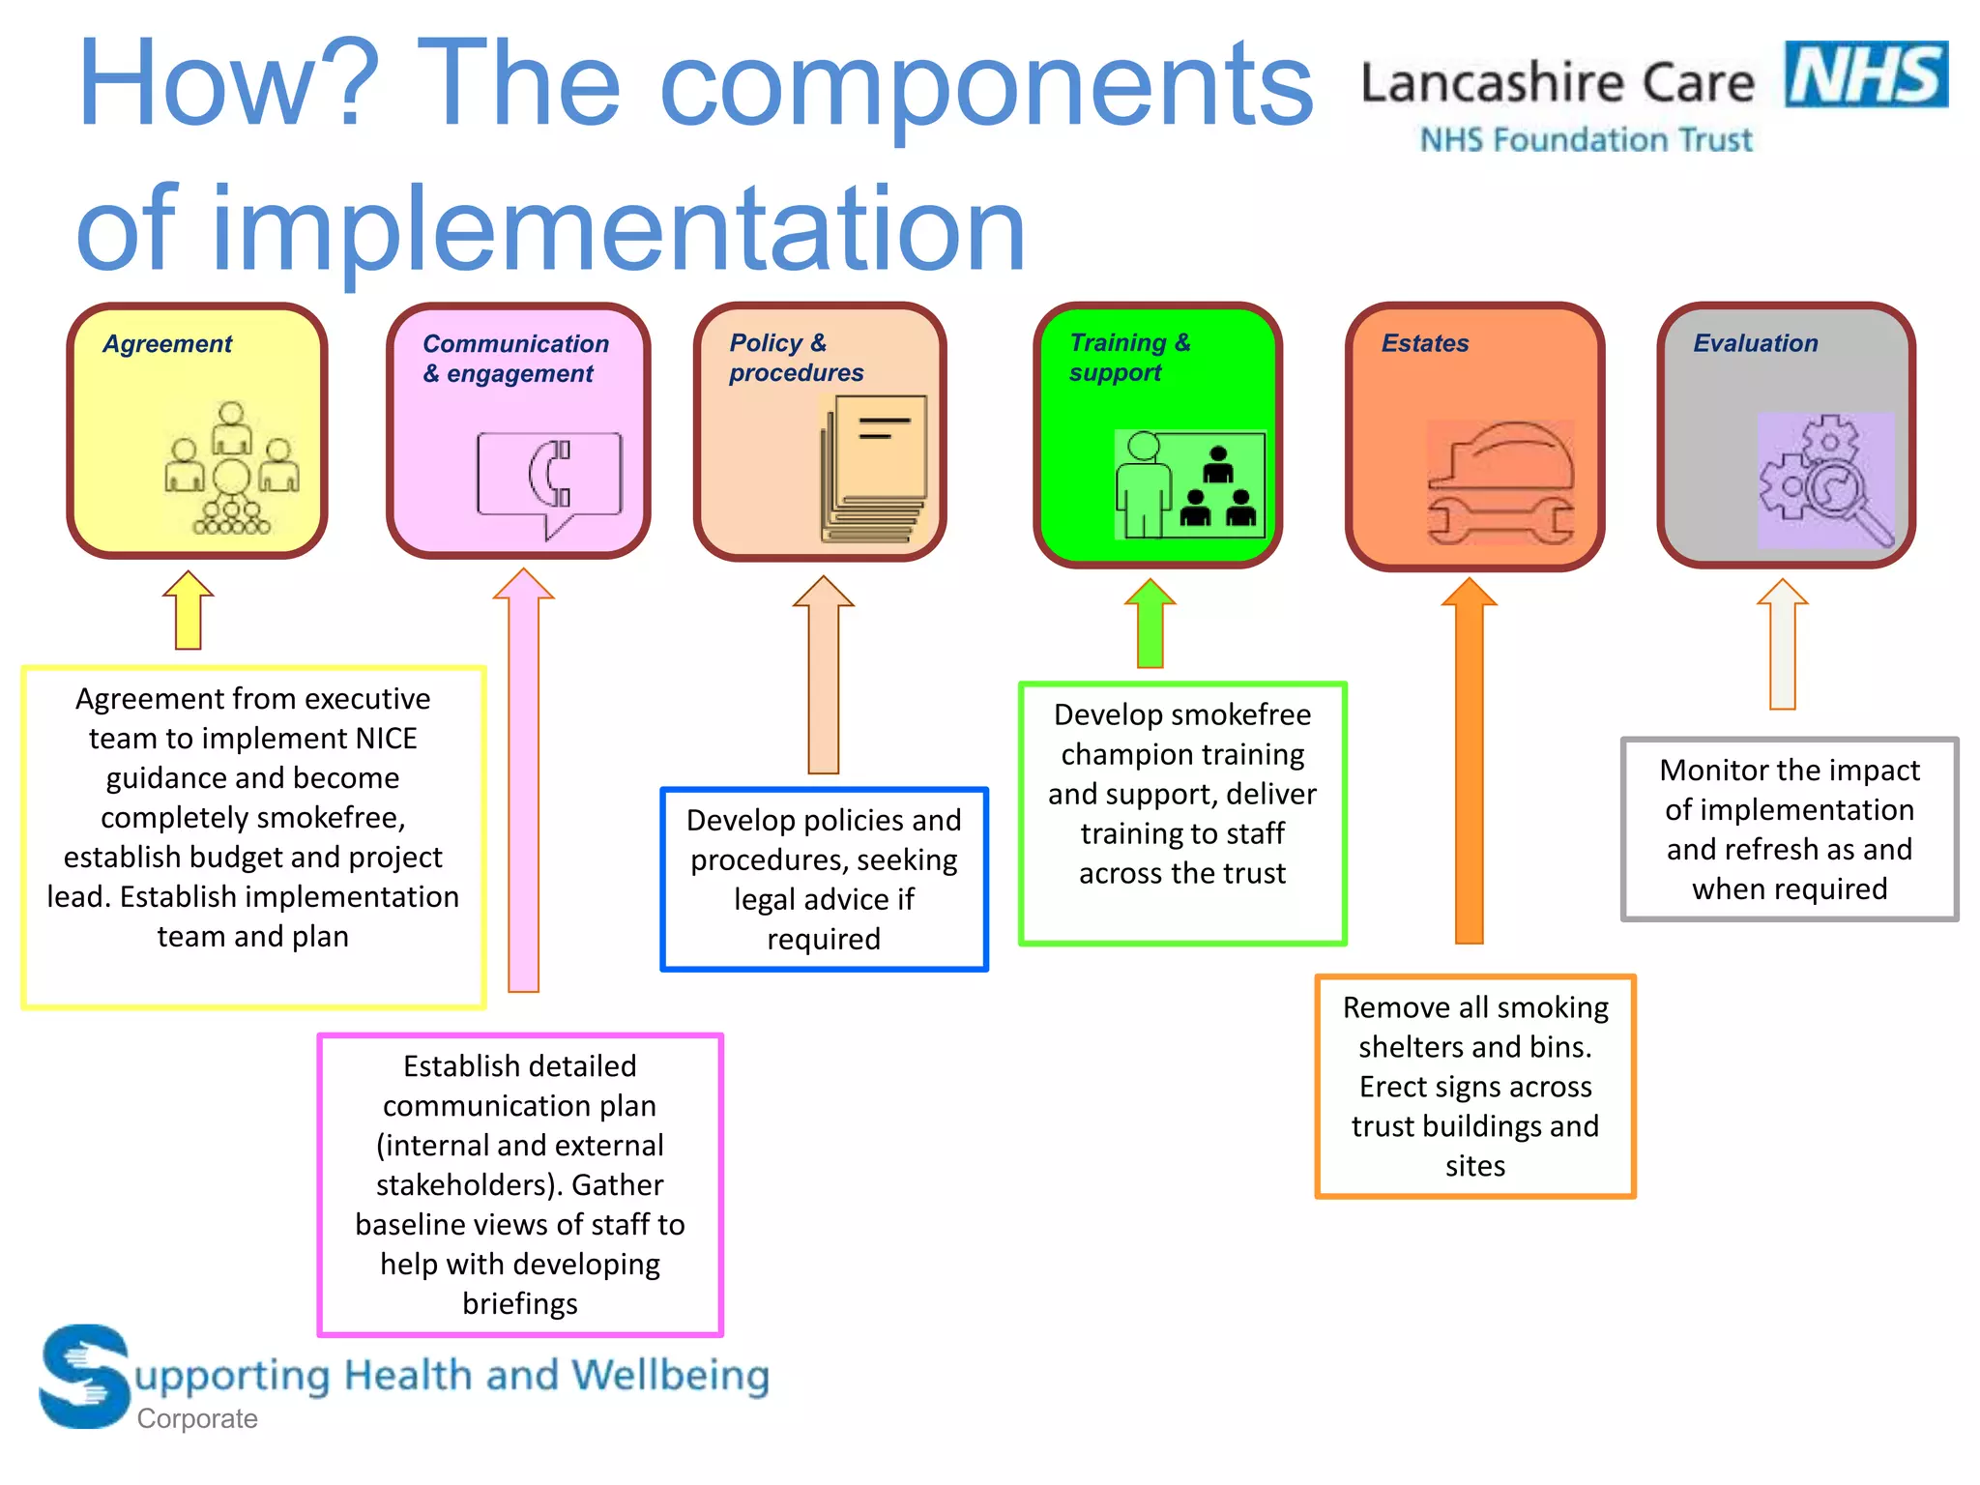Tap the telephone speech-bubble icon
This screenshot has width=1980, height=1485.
point(548,481)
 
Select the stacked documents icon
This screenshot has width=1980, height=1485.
point(874,468)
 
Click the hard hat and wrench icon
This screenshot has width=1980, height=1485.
point(1500,481)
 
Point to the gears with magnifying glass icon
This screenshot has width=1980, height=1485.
point(1825,480)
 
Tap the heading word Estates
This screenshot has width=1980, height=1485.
point(1425,343)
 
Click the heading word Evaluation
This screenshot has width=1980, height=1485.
point(1756,343)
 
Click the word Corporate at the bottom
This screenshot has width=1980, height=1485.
point(197,1418)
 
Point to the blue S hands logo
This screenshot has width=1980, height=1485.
point(85,1376)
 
